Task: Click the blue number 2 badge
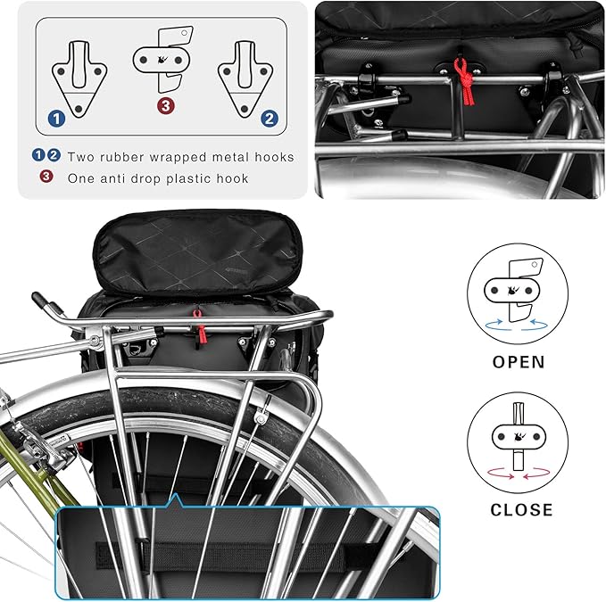(266, 117)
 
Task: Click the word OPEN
(519, 363)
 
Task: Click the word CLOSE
(521, 510)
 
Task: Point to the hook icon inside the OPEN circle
(518, 292)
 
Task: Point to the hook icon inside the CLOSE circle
(519, 438)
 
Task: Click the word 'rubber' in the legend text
(126, 157)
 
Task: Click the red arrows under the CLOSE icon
(519, 476)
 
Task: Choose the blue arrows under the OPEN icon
(519, 327)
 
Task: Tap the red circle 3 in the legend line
(48, 177)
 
